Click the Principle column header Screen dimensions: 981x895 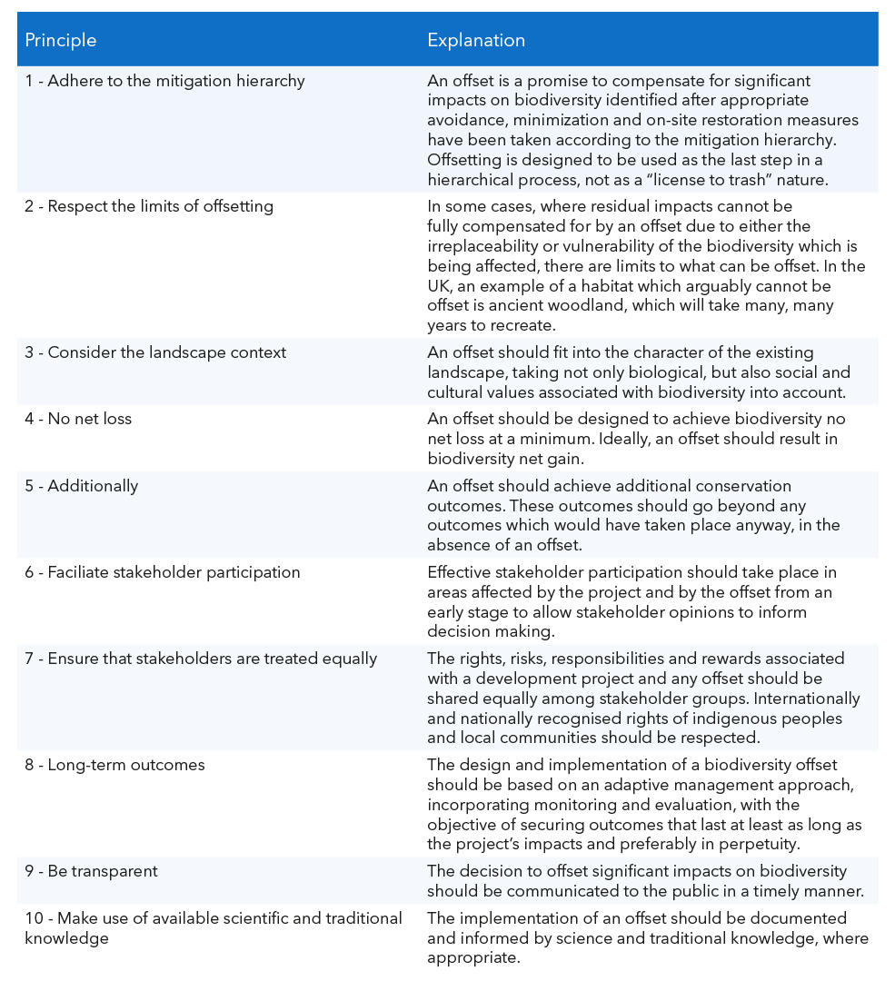pos(60,40)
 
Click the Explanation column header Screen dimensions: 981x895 pos(476,40)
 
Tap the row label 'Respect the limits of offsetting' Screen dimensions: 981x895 pos(148,206)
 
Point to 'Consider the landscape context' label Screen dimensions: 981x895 pos(155,352)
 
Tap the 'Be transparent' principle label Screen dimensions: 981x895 pos(91,871)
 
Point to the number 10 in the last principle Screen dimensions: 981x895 pos(34,918)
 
